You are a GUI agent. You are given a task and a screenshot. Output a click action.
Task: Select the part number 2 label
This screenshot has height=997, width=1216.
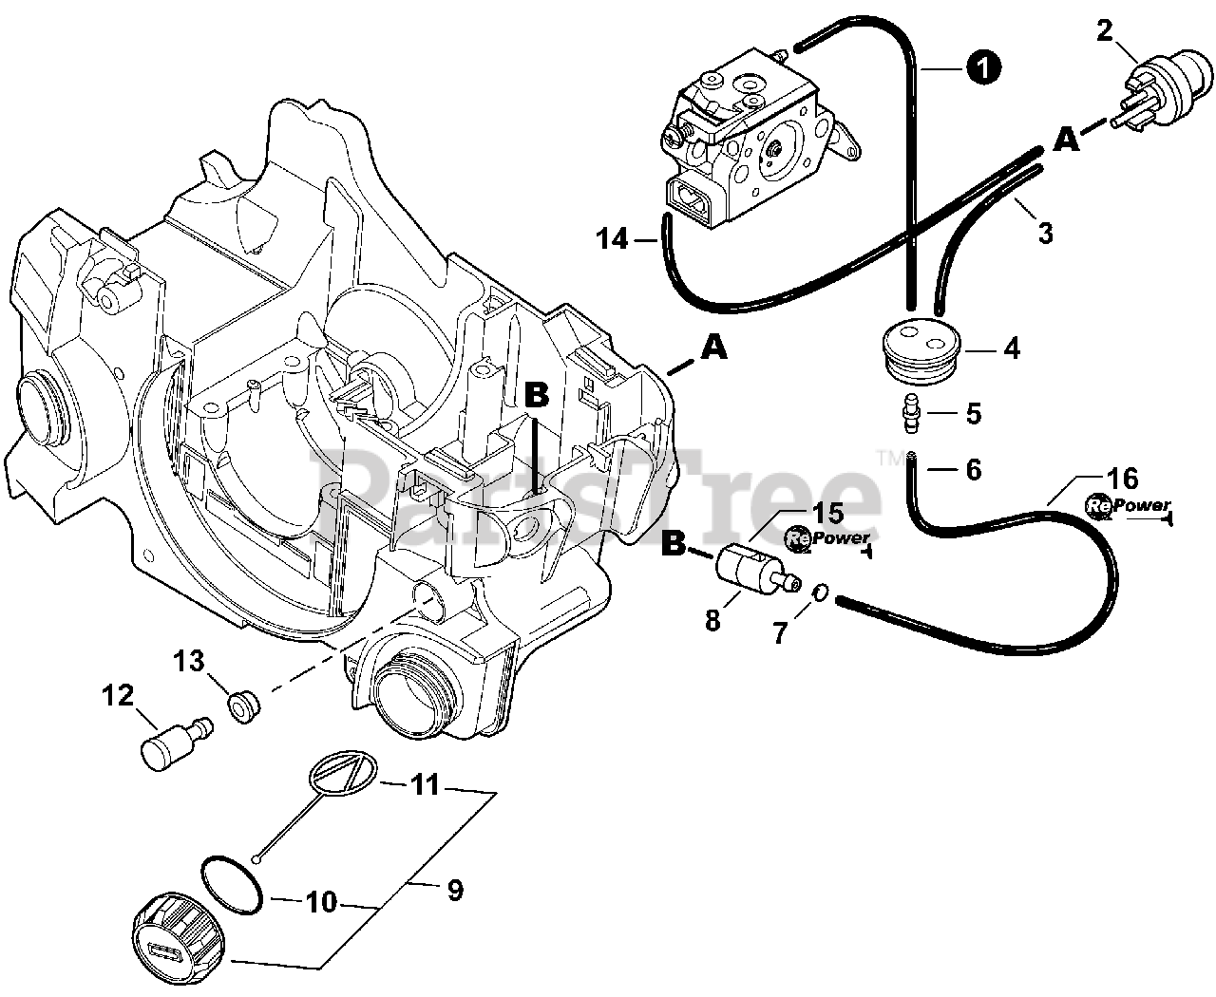pos(1104,30)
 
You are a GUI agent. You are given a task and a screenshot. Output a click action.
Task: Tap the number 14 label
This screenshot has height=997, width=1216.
pos(615,239)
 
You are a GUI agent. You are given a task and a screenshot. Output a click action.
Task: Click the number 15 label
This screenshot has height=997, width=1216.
pos(827,514)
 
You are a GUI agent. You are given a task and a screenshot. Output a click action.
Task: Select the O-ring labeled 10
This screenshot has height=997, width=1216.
pos(231,883)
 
